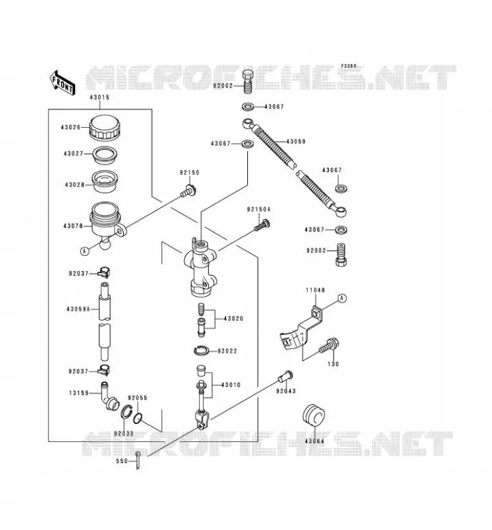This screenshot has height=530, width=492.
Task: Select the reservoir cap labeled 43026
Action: click(x=105, y=127)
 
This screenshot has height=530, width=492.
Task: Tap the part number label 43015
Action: click(x=99, y=97)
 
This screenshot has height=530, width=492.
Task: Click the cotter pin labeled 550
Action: click(x=138, y=460)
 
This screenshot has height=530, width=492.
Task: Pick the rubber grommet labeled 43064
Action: click(x=314, y=417)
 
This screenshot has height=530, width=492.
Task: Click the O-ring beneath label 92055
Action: click(x=138, y=418)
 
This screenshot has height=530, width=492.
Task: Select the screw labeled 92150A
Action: click(x=263, y=225)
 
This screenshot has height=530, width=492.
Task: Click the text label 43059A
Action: click(x=78, y=309)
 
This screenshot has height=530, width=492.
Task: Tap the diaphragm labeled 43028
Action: click(x=105, y=182)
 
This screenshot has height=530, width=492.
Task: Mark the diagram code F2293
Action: click(x=349, y=66)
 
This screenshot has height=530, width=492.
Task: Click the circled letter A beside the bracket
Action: click(x=342, y=297)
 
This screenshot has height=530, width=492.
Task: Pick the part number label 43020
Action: click(x=233, y=319)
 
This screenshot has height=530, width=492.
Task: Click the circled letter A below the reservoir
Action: click(x=85, y=251)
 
